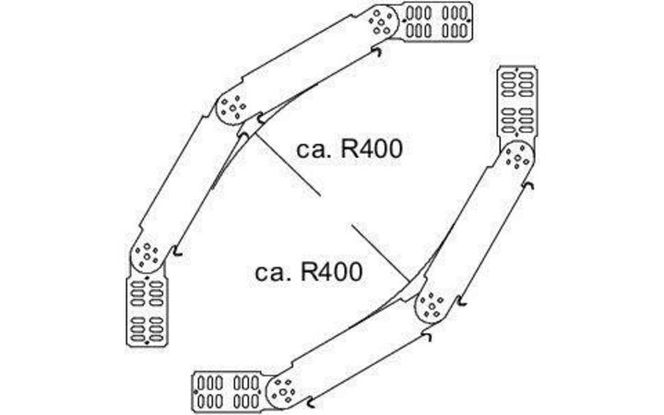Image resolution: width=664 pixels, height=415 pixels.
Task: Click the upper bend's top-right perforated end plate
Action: pos(438,23)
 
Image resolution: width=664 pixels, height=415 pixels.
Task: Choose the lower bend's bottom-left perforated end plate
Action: pos(227,391)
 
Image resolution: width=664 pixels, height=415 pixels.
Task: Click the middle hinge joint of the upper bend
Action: pos(234,109)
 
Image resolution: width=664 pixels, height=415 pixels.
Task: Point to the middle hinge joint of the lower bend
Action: pos(432,302)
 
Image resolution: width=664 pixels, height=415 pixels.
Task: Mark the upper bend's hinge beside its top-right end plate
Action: pos(383,21)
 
